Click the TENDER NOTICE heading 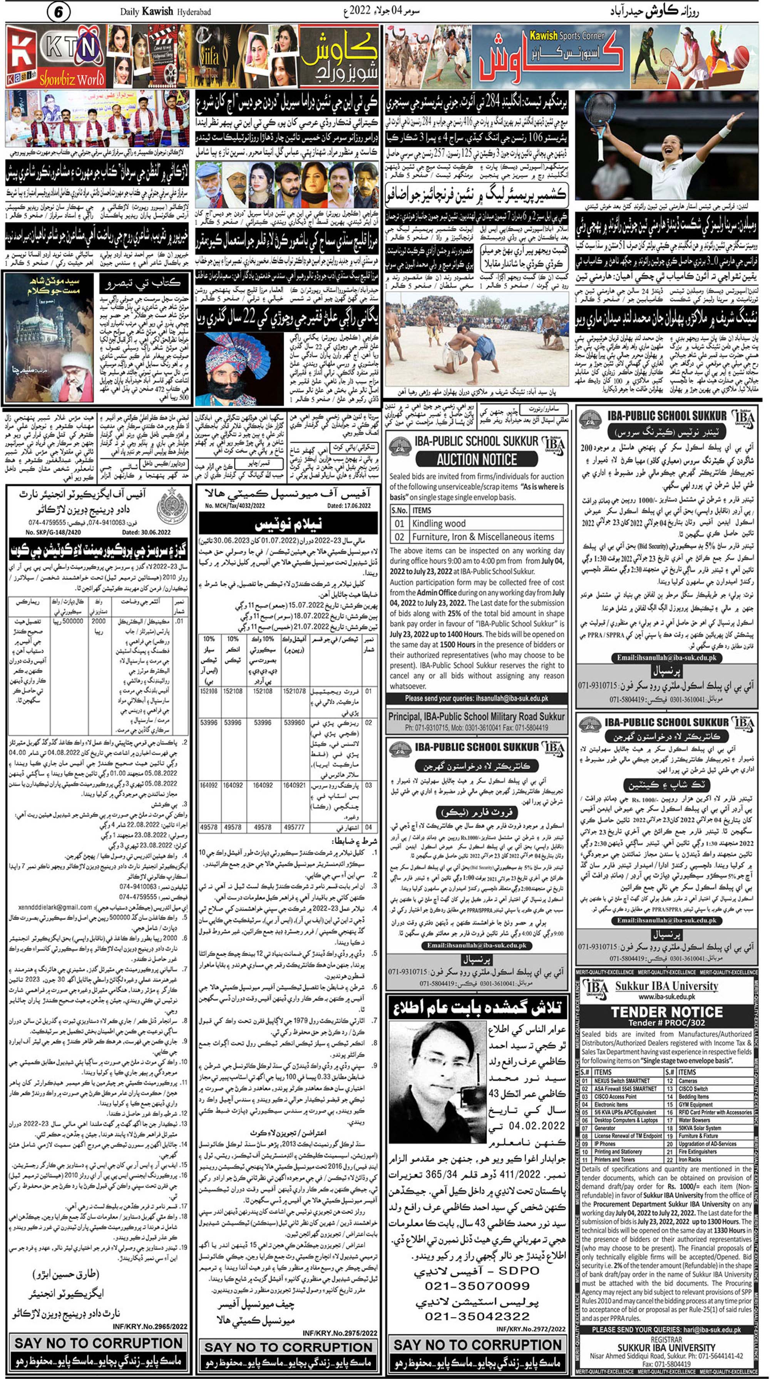pyautogui.click(x=667, y=1012)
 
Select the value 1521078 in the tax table pyautogui.click(x=294, y=691)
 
